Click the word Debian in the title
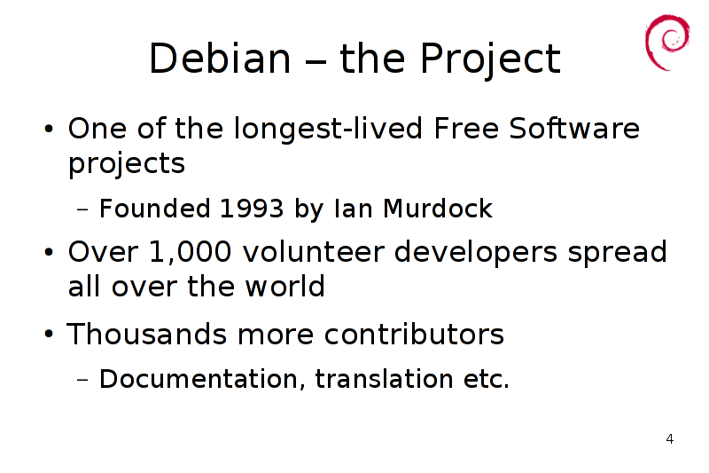(x=220, y=58)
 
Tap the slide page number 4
(x=670, y=439)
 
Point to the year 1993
(x=252, y=209)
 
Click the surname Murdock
(x=438, y=209)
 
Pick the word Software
(x=574, y=128)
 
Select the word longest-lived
(x=329, y=129)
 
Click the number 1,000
(x=191, y=252)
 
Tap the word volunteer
(x=314, y=252)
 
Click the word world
(x=285, y=286)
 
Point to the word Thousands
(x=146, y=334)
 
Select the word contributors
(x=414, y=334)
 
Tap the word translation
(x=385, y=379)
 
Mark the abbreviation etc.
(x=487, y=379)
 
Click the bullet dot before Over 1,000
(x=49, y=252)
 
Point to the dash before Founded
(x=82, y=209)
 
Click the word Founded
(x=154, y=209)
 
